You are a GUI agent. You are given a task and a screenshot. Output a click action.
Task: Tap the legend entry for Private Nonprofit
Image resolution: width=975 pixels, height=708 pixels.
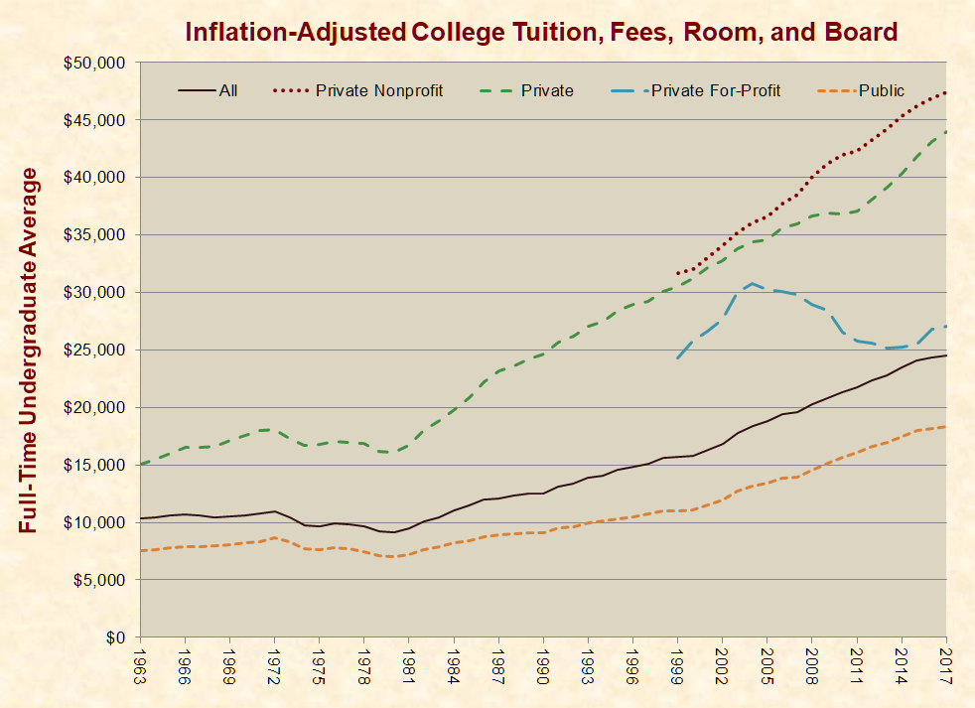tap(378, 91)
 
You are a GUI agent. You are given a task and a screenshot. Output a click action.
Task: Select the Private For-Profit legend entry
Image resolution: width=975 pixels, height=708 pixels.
tap(714, 91)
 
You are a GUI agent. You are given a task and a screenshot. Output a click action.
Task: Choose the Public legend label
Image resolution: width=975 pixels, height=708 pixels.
tap(882, 91)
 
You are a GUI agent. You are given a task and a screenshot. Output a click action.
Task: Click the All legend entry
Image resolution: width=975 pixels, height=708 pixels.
tap(228, 91)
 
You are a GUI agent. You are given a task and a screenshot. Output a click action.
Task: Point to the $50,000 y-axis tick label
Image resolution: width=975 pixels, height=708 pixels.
tap(94, 63)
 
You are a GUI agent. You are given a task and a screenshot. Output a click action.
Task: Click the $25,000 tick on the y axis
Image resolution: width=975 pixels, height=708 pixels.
tap(94, 351)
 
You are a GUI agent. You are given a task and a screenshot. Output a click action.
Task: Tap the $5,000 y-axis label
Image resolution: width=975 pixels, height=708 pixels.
tap(98, 580)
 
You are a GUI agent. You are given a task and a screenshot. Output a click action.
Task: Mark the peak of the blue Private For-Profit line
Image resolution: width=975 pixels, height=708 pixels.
tap(753, 283)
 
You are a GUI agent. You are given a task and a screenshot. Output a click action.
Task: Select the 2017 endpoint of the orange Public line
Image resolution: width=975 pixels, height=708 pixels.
tap(945, 427)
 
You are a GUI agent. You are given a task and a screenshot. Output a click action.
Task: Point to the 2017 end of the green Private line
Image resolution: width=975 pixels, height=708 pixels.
tap(945, 131)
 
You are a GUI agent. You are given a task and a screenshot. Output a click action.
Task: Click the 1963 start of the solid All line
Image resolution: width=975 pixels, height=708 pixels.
tap(141, 518)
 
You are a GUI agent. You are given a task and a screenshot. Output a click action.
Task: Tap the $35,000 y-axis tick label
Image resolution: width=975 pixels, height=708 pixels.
tap(94, 235)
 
